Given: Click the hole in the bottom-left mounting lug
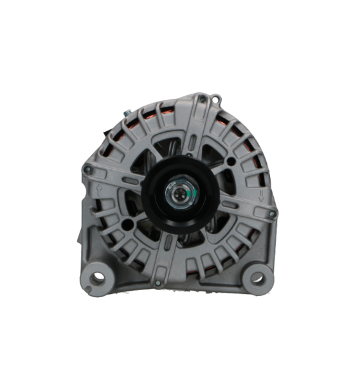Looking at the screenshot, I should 98,279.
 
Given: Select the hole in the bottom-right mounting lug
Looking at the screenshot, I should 256,279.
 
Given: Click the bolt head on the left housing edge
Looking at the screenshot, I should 86,169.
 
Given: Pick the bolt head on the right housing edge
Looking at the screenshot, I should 273,214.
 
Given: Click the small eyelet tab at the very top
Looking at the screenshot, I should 217,98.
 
